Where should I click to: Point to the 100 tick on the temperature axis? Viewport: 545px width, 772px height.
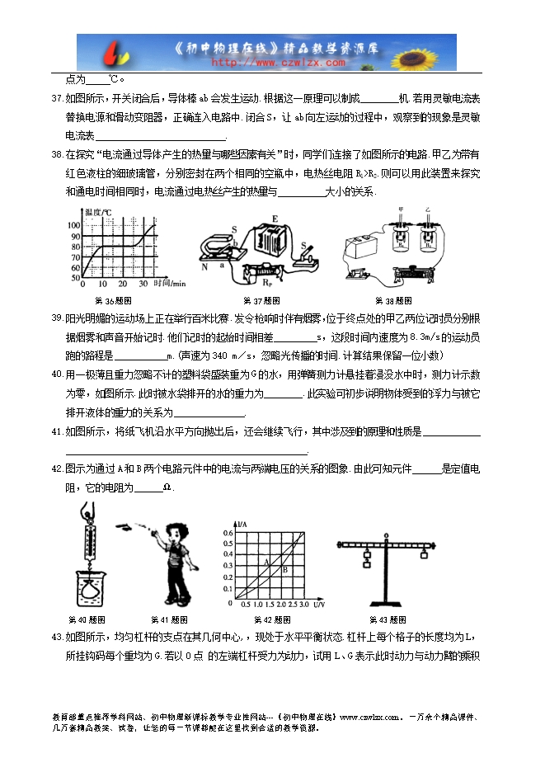tap(74, 225)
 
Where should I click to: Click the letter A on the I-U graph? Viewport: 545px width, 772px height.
tap(266, 562)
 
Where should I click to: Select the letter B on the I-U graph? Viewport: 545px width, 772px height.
tap(285, 568)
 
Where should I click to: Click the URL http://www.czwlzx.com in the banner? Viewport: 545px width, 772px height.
tap(280, 62)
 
